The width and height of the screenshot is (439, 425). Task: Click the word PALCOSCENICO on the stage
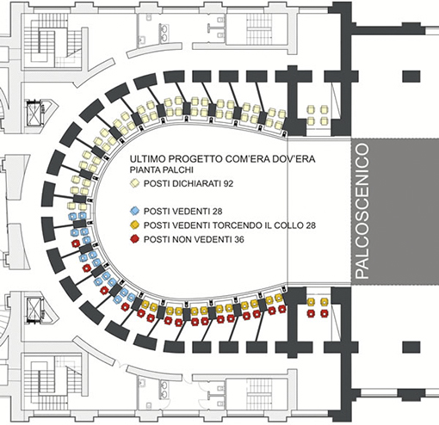(362, 212)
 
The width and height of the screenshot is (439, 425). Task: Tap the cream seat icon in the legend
(134, 183)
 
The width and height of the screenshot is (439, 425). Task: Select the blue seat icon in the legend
(134, 212)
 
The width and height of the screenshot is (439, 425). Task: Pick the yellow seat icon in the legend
(134, 225)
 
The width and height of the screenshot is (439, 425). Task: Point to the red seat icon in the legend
(134, 239)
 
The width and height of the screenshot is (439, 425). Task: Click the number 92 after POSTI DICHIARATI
(228, 183)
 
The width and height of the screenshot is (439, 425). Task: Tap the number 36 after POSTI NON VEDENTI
(238, 239)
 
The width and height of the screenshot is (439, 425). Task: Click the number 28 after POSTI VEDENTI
(217, 212)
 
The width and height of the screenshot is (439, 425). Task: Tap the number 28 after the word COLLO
(310, 225)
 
